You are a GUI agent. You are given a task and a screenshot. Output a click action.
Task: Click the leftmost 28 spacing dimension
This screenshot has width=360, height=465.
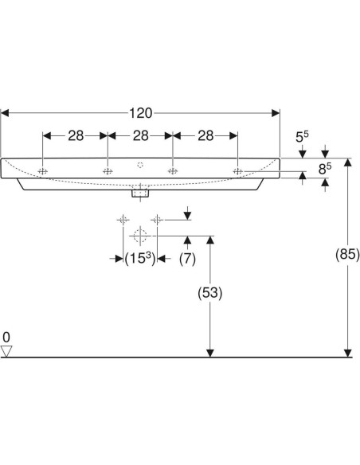(75, 136)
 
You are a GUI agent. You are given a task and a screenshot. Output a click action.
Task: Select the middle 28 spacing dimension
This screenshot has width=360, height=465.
(139, 136)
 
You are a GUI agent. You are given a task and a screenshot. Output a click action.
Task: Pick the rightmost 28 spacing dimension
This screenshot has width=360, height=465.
(205, 136)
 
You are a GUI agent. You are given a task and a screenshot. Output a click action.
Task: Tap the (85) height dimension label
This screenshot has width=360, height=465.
(347, 255)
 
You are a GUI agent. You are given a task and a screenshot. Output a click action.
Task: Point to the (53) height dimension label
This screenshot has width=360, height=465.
(209, 292)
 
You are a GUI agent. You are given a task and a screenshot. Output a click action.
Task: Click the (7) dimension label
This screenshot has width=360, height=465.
(187, 258)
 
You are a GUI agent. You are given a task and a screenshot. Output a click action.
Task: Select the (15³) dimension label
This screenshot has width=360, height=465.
(140, 258)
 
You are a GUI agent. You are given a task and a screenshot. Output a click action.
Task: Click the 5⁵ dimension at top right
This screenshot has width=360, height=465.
(303, 137)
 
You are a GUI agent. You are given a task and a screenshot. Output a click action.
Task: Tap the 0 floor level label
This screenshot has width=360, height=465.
(7, 336)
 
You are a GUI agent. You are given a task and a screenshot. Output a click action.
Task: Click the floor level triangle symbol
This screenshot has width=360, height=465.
(8, 350)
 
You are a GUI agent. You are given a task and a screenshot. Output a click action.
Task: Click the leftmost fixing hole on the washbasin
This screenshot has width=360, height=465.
(43, 171)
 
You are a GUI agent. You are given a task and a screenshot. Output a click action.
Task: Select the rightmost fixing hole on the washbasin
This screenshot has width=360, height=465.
(237, 171)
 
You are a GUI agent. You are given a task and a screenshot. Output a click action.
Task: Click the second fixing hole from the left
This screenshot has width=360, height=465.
(108, 171)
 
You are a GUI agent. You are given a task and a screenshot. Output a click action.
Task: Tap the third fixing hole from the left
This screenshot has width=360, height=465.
(172, 171)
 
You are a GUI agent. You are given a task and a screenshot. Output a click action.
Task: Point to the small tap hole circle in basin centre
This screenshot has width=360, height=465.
(140, 166)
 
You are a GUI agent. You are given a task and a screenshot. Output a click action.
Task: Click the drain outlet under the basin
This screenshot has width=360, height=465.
(140, 193)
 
